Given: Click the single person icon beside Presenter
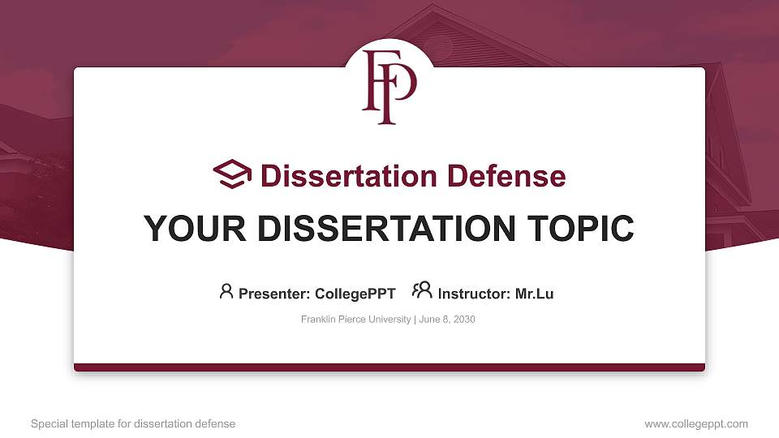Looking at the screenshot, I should point(226,291).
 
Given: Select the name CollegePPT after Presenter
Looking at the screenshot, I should point(355,294).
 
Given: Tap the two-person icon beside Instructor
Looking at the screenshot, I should point(422,291).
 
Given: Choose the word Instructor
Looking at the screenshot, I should point(474,294).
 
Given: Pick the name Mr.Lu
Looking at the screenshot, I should point(534,294).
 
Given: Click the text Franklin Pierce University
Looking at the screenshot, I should point(355,320).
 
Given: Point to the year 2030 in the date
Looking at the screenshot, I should point(464,320).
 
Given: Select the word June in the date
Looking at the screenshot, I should point(430,320).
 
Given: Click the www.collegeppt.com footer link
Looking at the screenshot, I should point(696,423).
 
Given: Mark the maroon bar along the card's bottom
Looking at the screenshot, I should point(389,367).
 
